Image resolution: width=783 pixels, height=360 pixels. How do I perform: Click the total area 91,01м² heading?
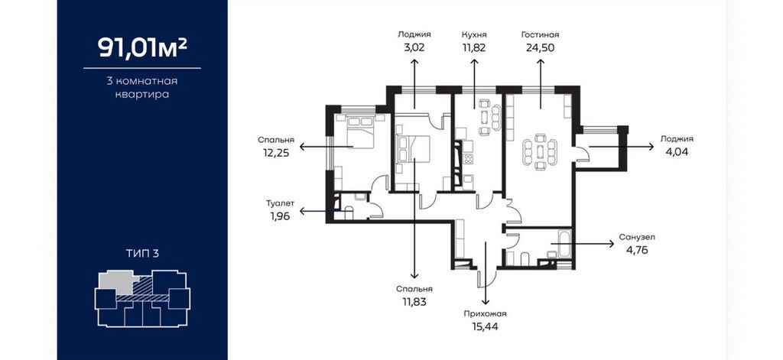click(142, 48)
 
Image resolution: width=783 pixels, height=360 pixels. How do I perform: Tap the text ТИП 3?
click(142, 254)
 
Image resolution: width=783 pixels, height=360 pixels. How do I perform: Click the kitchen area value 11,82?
click(474, 48)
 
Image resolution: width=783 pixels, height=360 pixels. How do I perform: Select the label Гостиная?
click(540, 35)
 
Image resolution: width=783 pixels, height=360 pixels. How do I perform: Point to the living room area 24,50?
click(541, 48)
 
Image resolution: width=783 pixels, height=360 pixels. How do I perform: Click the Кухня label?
click(474, 35)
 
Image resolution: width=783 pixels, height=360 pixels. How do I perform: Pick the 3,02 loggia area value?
click(414, 48)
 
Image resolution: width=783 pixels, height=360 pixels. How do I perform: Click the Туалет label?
click(280, 203)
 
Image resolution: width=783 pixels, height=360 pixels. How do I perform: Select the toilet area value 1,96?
click(280, 216)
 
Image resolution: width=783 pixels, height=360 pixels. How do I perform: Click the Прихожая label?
click(485, 314)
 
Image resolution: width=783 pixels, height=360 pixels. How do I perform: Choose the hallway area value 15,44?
click(485, 327)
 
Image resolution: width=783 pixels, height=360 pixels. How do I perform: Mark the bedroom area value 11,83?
click(414, 302)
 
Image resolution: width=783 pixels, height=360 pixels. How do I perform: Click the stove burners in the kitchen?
click(469, 159)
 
